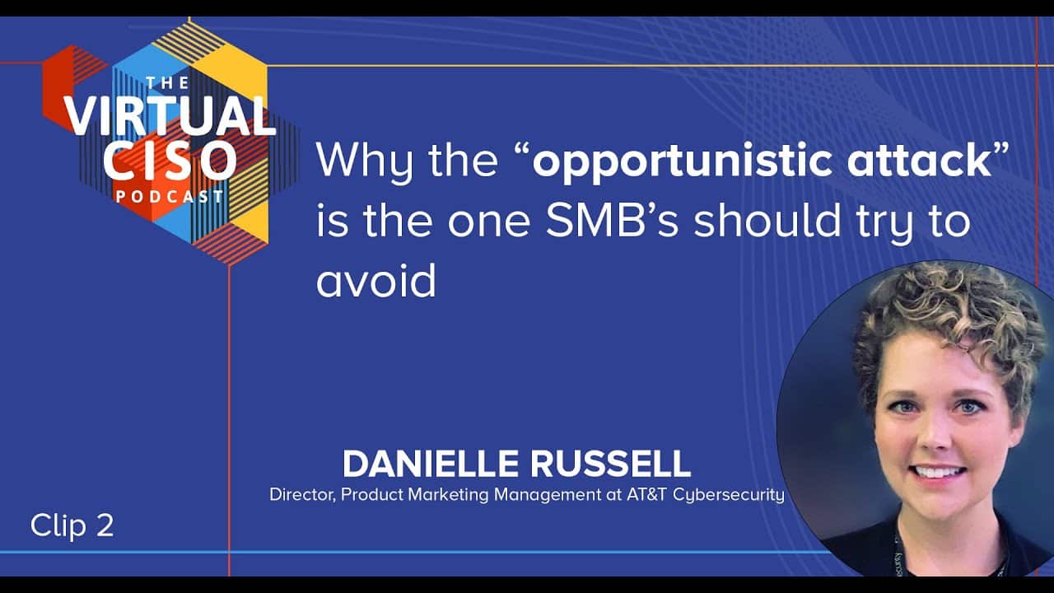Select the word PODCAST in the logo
pos(170,196)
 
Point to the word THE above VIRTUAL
pos(168,83)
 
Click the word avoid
pos(376,280)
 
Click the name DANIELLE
pos(430,464)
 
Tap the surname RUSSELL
pos(611,464)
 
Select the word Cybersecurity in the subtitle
pos(729,495)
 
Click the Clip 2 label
pos(72,525)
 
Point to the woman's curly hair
pos(946,320)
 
